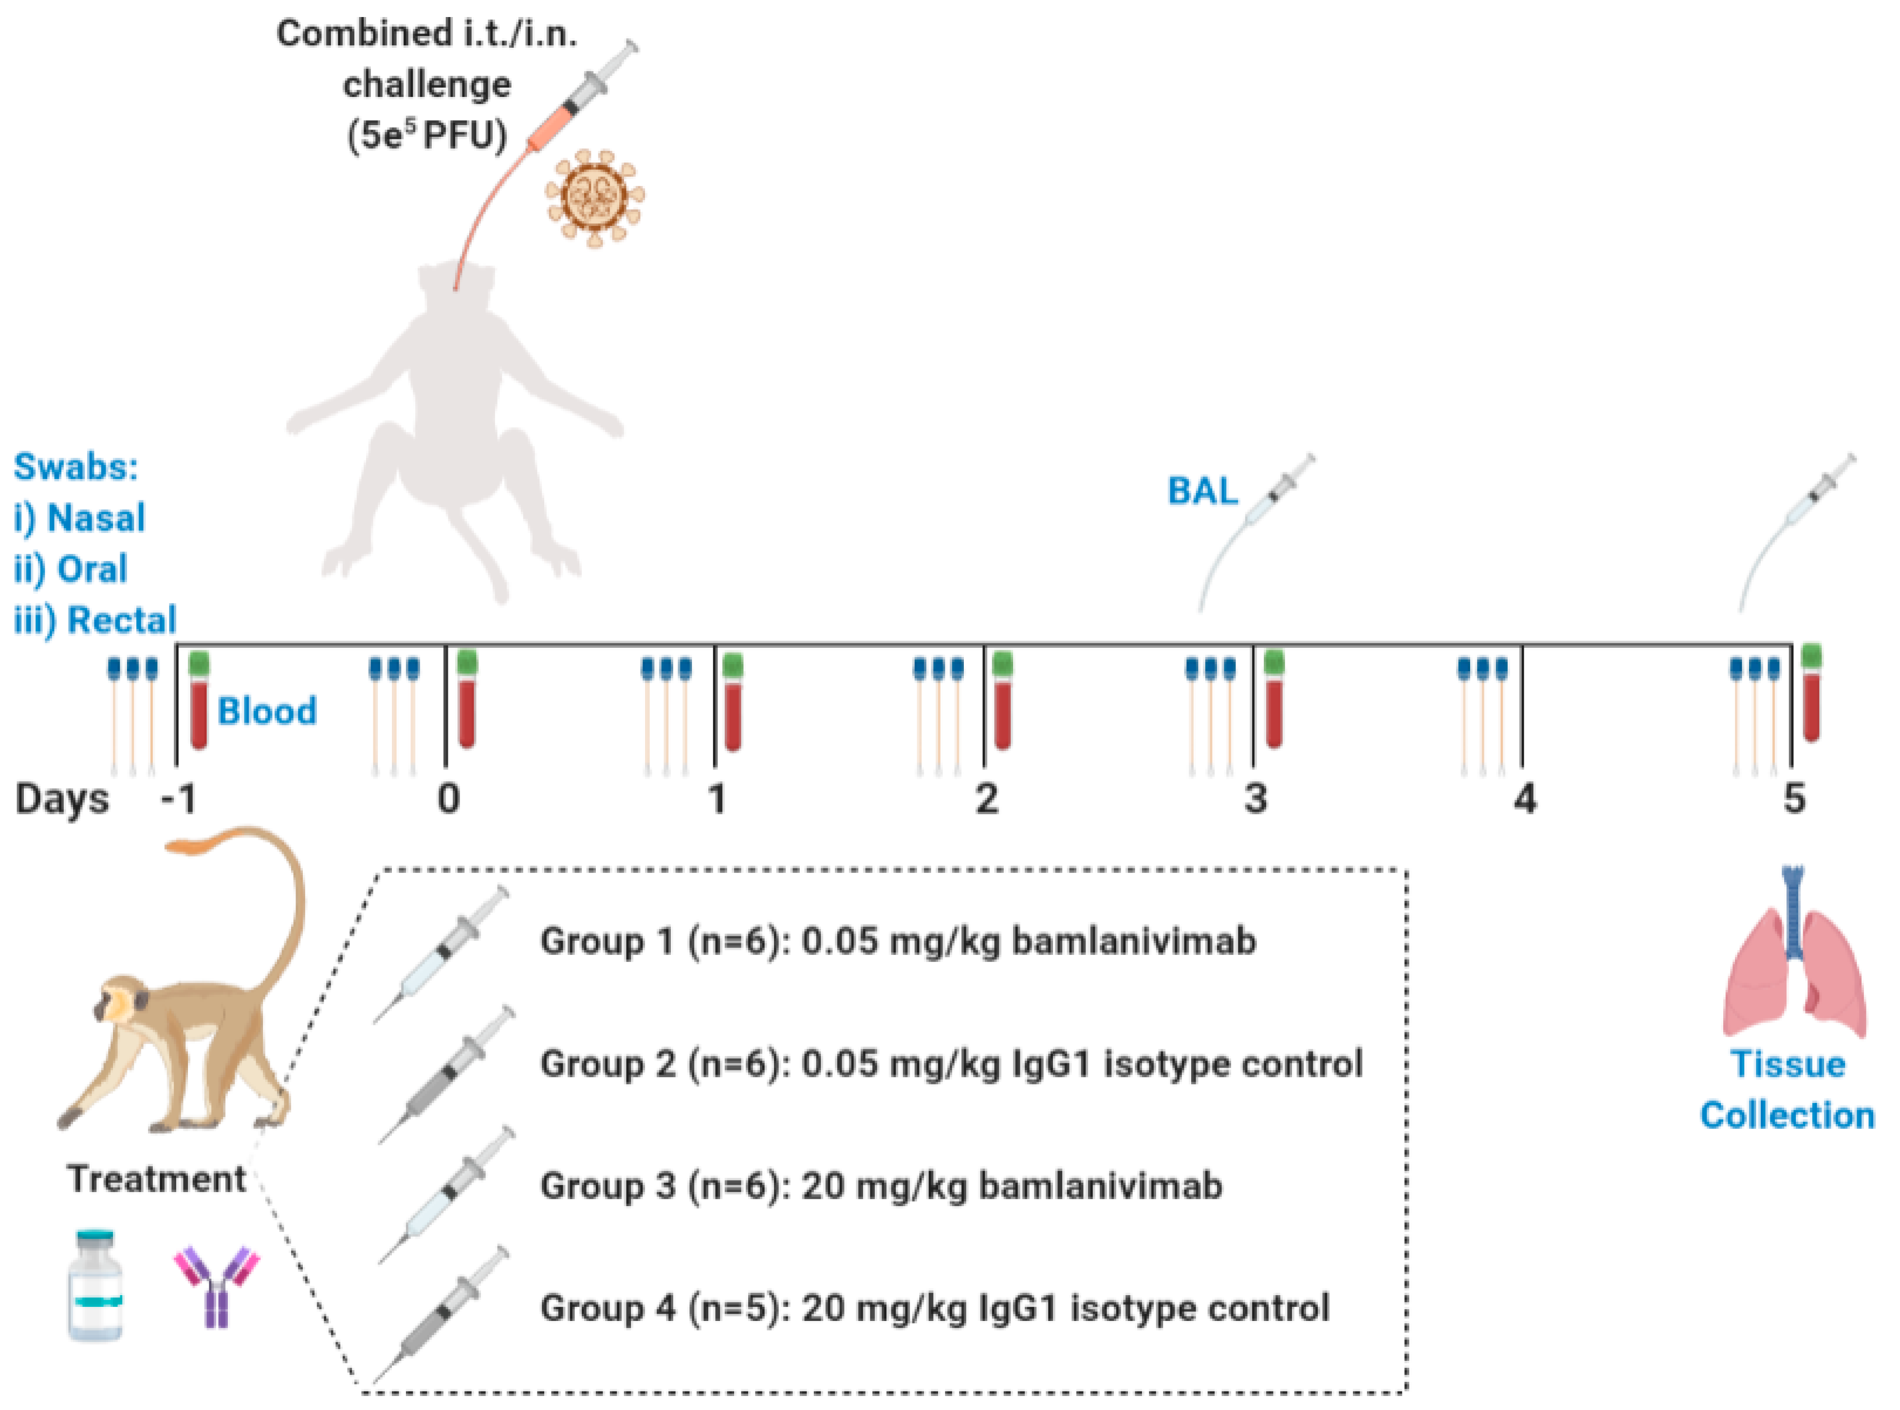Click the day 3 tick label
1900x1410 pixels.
pos(1254,799)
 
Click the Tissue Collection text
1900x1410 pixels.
pos(1788,1090)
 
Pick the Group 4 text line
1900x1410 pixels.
pos(935,1308)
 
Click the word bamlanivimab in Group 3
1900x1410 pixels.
pos(1100,1186)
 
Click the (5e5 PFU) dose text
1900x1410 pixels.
pos(427,135)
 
